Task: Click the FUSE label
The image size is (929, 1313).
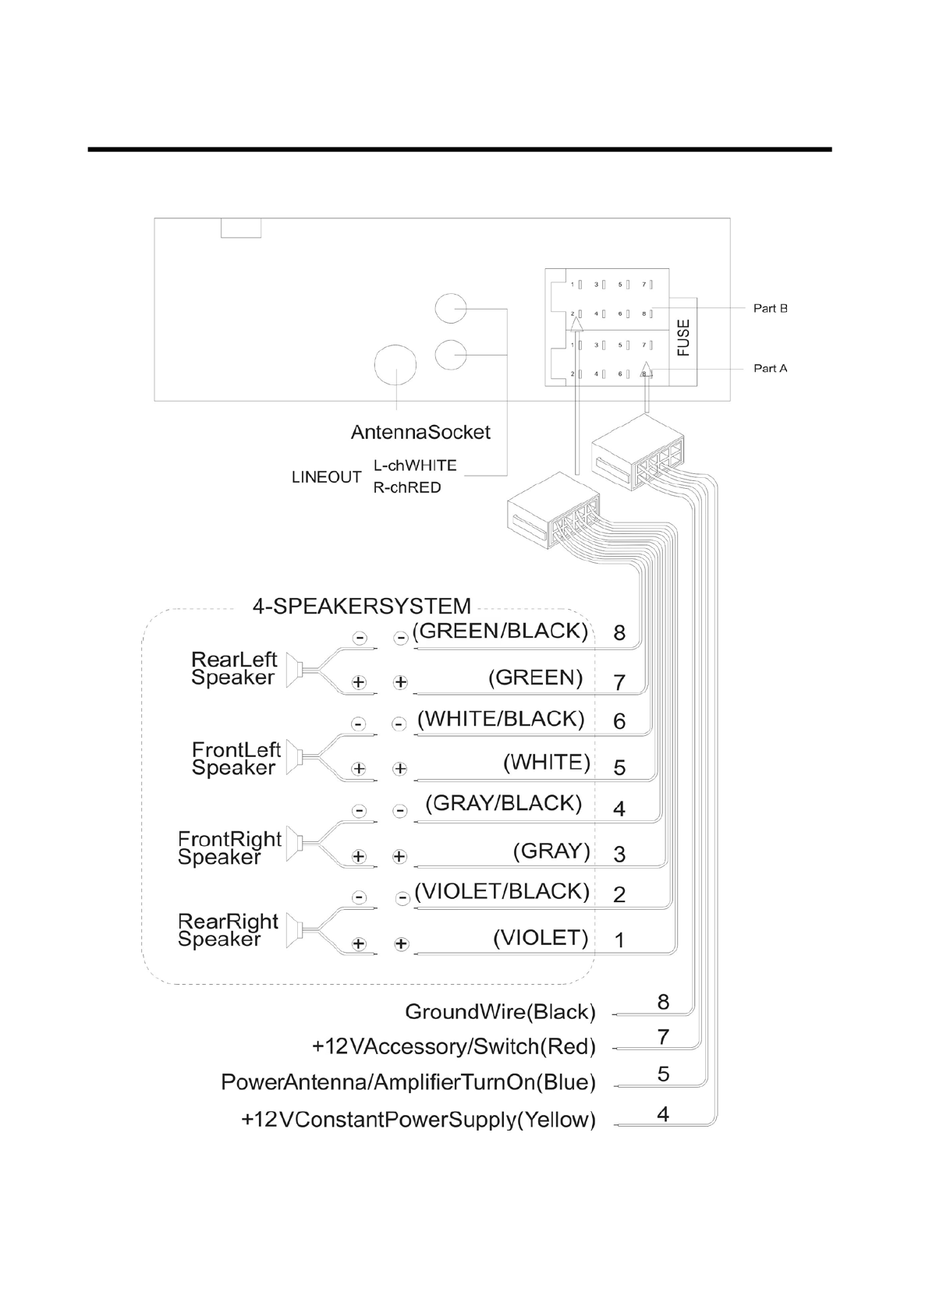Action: (x=683, y=338)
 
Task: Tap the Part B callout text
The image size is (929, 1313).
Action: (x=770, y=308)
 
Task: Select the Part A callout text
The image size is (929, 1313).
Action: (x=770, y=368)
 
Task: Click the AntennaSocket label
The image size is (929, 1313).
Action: (x=420, y=432)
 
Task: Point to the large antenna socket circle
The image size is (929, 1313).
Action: (x=397, y=365)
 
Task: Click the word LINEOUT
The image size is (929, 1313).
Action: (x=326, y=477)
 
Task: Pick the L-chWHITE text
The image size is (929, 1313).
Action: (x=415, y=465)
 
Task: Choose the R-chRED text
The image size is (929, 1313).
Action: (x=406, y=488)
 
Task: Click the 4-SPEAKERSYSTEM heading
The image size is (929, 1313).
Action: (x=362, y=606)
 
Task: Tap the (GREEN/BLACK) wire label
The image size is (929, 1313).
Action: (x=500, y=631)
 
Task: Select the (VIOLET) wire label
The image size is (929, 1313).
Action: (x=541, y=937)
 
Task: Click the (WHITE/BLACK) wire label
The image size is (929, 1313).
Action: (x=501, y=719)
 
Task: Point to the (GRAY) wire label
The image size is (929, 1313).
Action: (x=551, y=851)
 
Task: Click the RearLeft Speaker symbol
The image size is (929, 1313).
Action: (x=295, y=670)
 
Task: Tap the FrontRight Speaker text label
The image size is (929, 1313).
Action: (x=229, y=848)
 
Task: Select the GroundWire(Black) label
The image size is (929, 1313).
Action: (x=500, y=1012)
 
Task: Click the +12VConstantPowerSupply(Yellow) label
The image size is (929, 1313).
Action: (x=418, y=1120)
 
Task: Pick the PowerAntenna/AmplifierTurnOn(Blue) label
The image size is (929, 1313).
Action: (x=408, y=1082)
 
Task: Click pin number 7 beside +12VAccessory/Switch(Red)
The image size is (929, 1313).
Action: (x=663, y=1037)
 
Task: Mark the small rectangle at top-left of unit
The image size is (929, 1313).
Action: (x=241, y=228)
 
